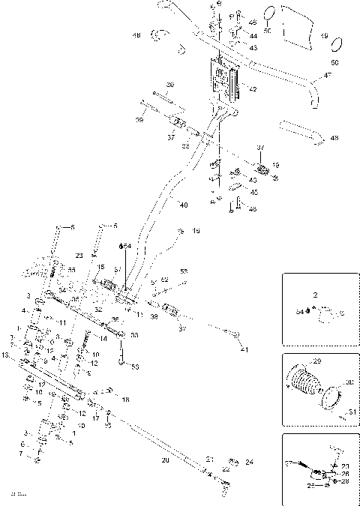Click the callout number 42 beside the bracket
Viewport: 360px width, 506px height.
coord(252,89)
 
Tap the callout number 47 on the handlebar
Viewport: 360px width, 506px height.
coord(327,76)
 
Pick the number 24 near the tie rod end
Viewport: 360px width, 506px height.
coord(250,462)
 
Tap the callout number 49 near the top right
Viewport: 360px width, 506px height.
coord(324,36)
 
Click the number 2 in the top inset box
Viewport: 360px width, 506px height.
coord(316,295)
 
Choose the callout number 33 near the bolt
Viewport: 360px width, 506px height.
coord(134,335)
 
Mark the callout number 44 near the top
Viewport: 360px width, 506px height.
coord(253,35)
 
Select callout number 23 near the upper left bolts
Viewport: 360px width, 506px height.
coord(79,256)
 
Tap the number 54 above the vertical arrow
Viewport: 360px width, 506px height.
coord(127,246)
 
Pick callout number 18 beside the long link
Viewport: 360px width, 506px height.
coord(125,400)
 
